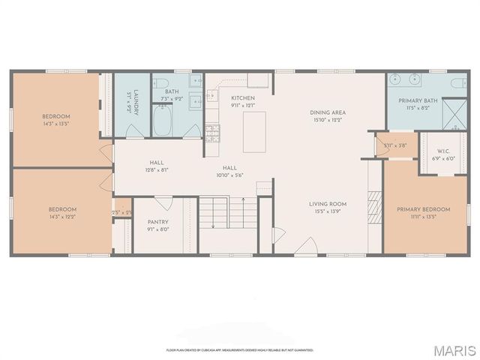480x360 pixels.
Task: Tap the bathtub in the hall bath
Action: point(163,121)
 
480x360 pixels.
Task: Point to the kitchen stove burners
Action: point(214,134)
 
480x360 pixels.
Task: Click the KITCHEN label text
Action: point(243,98)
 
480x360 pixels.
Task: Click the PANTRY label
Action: point(158,221)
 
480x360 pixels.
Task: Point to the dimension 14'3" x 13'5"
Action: point(56,126)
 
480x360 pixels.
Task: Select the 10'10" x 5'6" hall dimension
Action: point(230,175)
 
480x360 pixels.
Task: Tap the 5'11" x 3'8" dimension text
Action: point(394,145)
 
